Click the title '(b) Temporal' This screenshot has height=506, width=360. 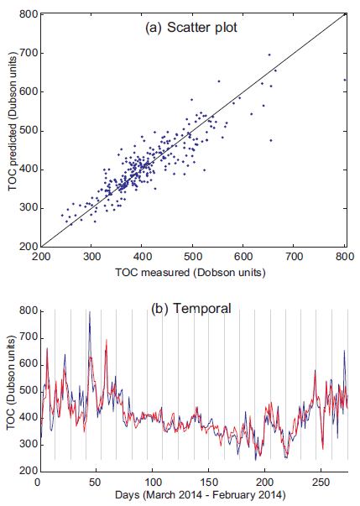point(192,307)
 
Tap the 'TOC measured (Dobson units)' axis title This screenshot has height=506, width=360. point(192,273)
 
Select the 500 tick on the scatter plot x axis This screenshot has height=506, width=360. point(193,257)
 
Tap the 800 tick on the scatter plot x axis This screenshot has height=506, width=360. point(345,257)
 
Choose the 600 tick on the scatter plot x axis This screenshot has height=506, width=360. point(244,257)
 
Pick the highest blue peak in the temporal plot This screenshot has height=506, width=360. point(89,313)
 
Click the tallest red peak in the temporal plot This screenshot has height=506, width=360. point(106,340)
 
